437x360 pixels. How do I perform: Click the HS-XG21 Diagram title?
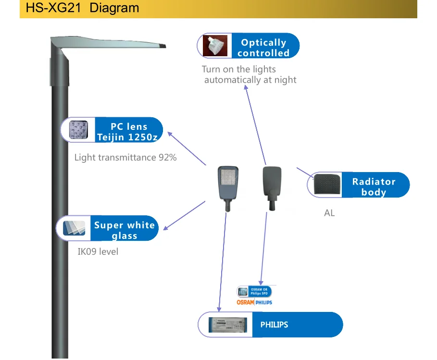tap(82, 8)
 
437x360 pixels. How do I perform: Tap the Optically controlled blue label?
tap(263, 48)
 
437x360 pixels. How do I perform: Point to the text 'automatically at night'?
tap(250, 80)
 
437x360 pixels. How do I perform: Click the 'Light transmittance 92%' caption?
tap(125, 157)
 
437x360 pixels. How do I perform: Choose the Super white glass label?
tap(125, 230)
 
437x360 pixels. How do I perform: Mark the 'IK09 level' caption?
tap(98, 251)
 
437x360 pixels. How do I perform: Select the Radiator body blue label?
tap(374, 186)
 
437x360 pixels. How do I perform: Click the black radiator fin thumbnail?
tap(327, 184)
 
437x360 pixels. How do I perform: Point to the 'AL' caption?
tap(329, 212)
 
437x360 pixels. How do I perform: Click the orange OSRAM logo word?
tap(245, 302)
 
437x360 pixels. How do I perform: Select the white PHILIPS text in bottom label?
tap(274, 325)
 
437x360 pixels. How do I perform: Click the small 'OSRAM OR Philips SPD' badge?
tap(255, 291)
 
